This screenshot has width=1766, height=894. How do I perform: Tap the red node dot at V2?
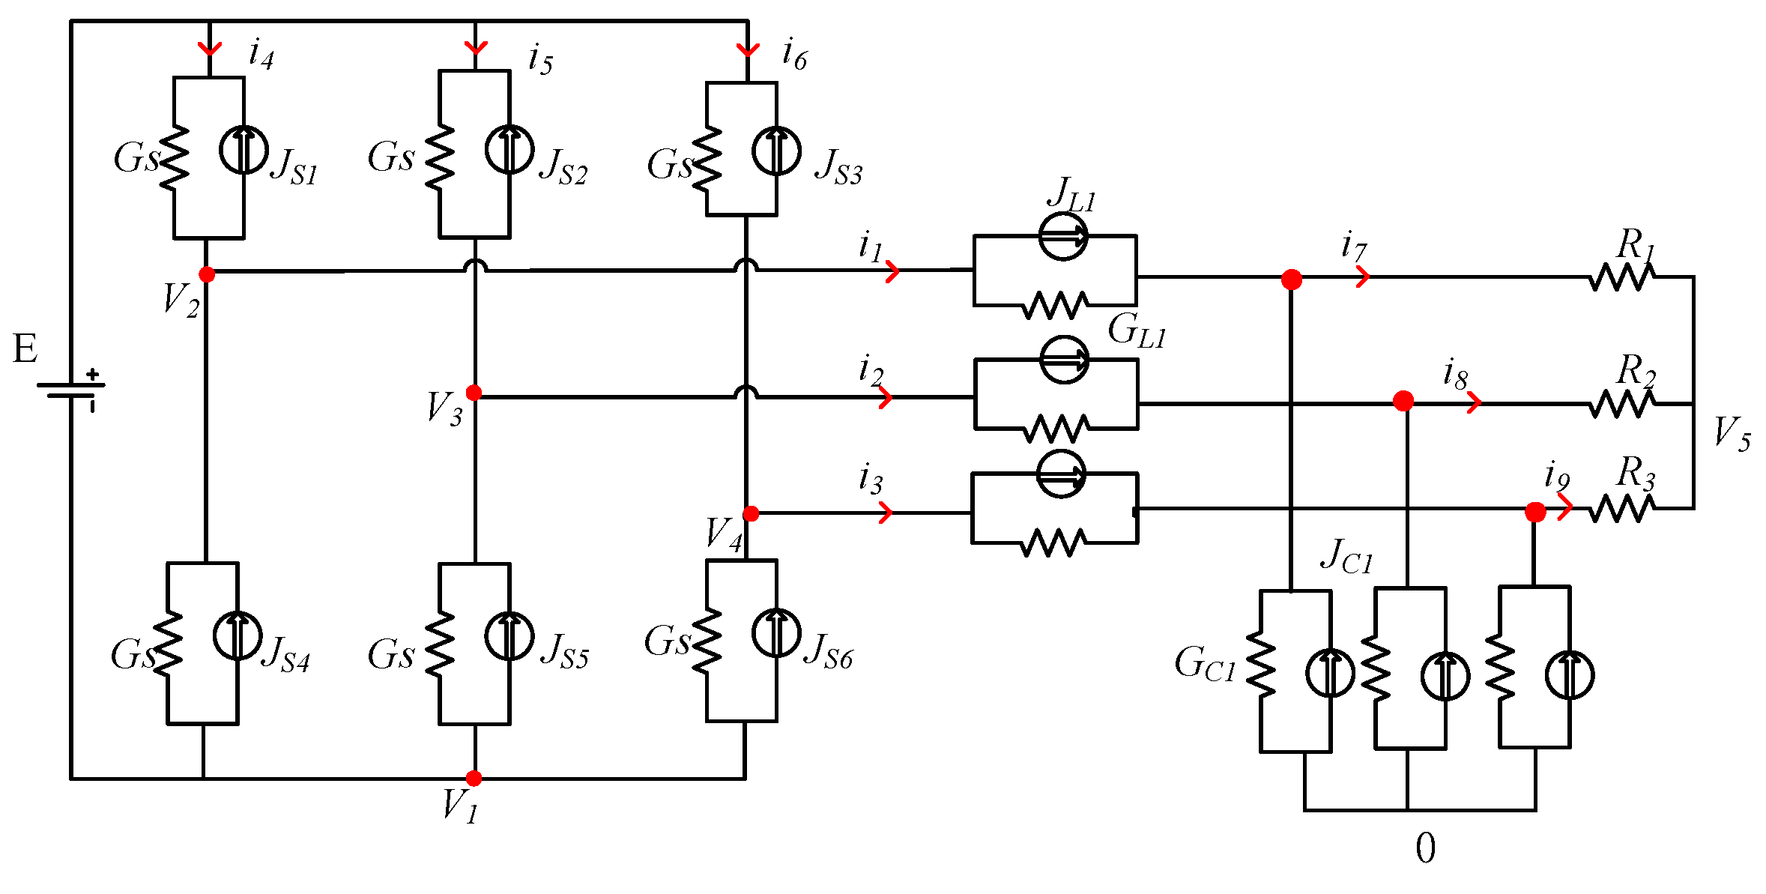(x=208, y=274)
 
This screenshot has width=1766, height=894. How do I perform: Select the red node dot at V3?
(x=474, y=393)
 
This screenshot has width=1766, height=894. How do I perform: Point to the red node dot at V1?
(x=474, y=778)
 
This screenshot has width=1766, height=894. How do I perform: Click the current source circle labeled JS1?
(x=244, y=150)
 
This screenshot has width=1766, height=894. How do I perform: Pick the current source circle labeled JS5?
(x=509, y=635)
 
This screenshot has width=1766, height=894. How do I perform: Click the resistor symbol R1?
(x=1621, y=277)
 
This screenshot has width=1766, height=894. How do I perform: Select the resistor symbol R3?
(x=1621, y=509)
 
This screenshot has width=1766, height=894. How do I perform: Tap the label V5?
(x=1732, y=433)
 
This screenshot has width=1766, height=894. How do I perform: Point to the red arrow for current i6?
(x=748, y=50)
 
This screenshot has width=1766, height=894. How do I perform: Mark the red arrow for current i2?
(x=886, y=397)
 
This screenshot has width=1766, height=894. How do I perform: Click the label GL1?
(x=1137, y=330)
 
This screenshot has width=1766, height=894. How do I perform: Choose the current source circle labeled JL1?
(x=1063, y=237)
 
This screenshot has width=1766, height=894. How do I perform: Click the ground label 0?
(x=1426, y=849)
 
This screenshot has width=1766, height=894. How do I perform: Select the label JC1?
(x=1346, y=557)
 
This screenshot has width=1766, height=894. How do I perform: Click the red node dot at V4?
(x=751, y=513)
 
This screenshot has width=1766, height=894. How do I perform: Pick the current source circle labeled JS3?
(x=776, y=151)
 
